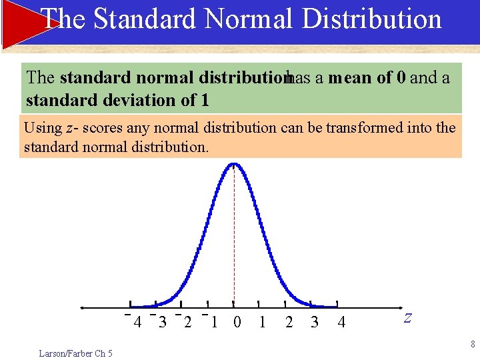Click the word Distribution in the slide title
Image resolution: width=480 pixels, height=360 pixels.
pyautogui.click(x=371, y=19)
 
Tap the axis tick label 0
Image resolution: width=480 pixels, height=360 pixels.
pyautogui.click(x=237, y=323)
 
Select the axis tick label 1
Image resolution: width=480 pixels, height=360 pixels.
pyautogui.click(x=262, y=323)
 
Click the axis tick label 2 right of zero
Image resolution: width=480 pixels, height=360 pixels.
pyautogui.click(x=289, y=323)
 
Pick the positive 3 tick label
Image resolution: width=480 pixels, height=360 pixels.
pyautogui.click(x=315, y=323)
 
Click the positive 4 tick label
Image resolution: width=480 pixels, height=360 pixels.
pyautogui.click(x=341, y=323)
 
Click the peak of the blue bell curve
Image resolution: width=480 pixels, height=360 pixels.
pyautogui.click(x=233, y=164)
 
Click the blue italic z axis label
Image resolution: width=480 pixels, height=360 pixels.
pyautogui.click(x=407, y=318)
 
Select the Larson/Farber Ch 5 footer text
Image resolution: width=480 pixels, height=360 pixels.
pyautogui.click(x=75, y=353)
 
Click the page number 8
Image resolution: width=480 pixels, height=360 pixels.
pyautogui.click(x=473, y=345)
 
